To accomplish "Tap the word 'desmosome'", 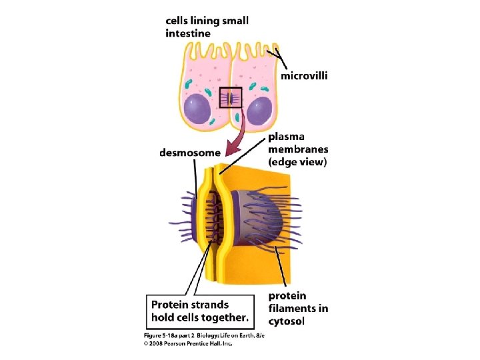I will [x=189, y=153].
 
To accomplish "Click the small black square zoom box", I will [x=230, y=98].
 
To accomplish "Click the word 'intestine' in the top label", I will [x=188, y=33].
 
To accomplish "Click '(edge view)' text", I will [x=297, y=162].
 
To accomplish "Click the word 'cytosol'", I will [x=288, y=321].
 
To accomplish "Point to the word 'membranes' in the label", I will [x=298, y=149].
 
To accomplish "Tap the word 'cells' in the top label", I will [x=179, y=21].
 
